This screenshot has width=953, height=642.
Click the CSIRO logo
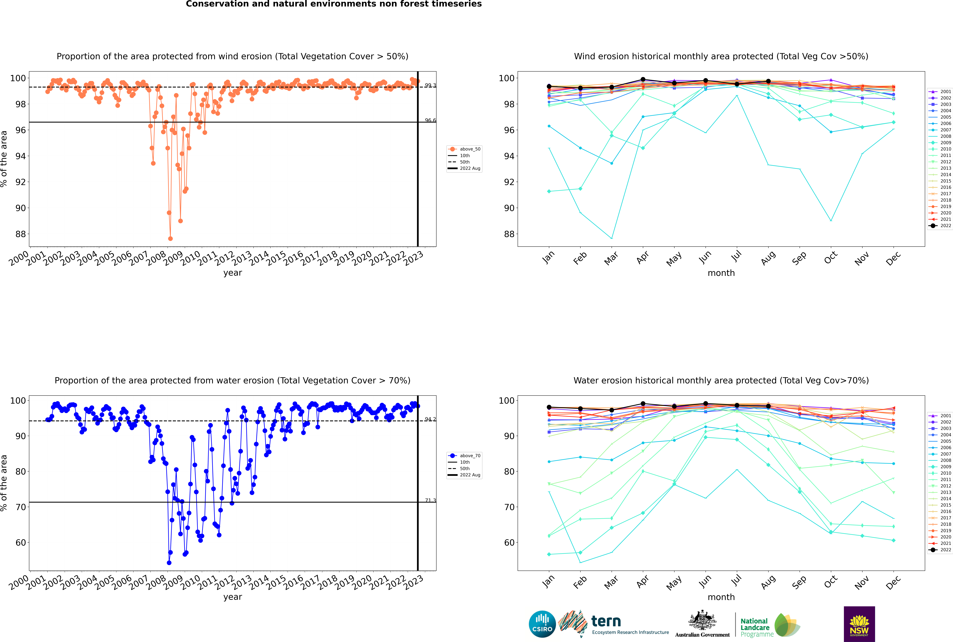[542, 624]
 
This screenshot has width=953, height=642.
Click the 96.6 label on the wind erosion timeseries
[430, 120]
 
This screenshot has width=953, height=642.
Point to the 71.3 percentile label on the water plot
[430, 500]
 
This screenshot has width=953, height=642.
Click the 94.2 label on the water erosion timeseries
[430, 419]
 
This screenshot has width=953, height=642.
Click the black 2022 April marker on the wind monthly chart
[643, 79]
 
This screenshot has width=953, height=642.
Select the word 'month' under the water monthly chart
[721, 597]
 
